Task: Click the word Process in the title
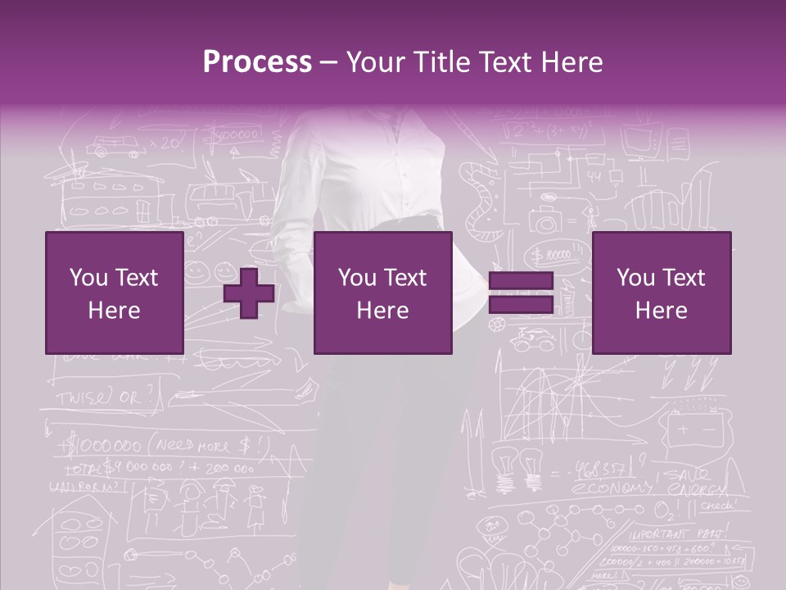257,61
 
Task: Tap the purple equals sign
521,293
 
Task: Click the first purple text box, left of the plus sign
114,293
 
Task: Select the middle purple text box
382,293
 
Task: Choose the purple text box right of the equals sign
661,293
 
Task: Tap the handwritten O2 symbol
662,510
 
